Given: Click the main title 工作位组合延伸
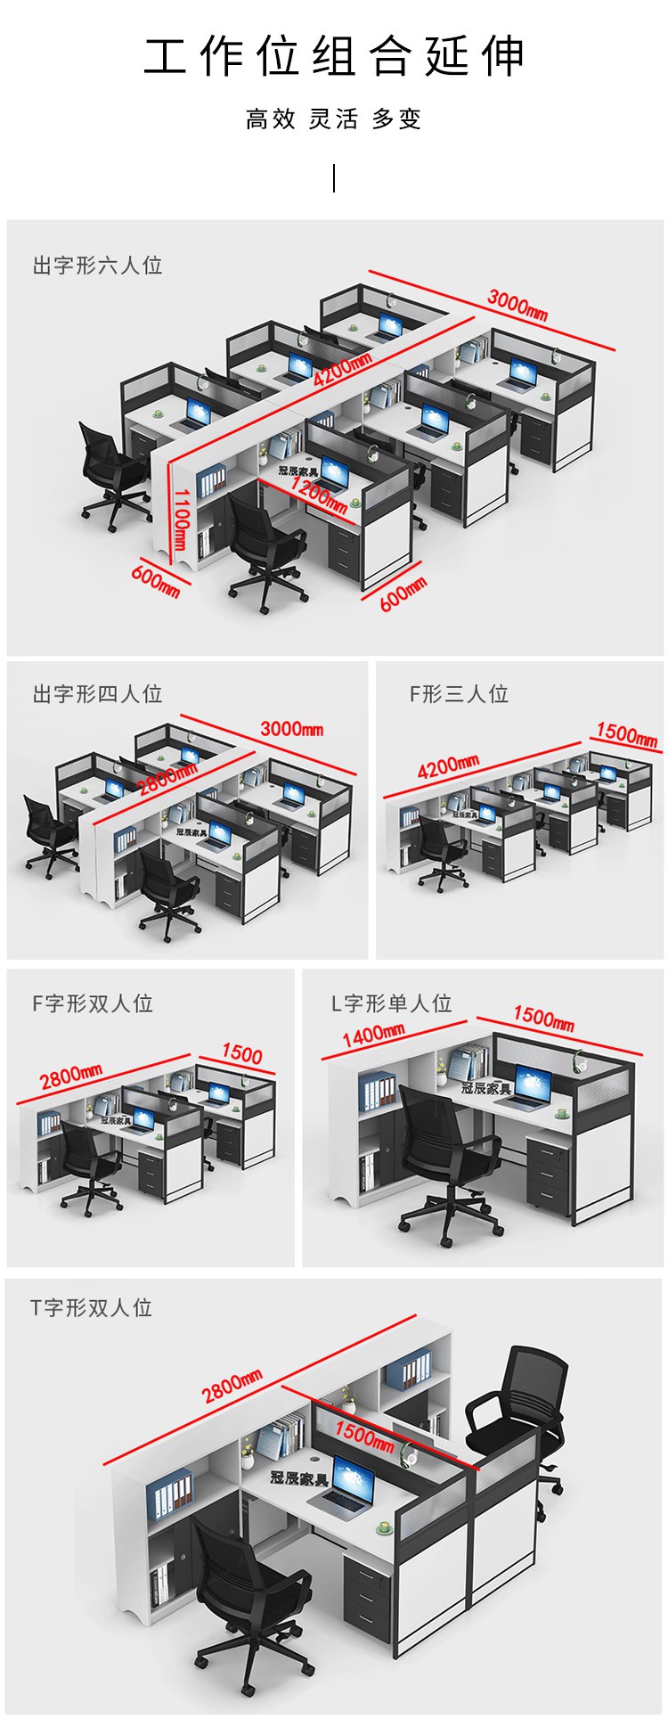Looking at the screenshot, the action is coord(334,56).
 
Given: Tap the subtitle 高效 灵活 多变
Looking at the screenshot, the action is coord(334,119).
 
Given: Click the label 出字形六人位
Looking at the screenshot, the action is coord(97,266).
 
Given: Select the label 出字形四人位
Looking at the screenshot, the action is coord(97,694).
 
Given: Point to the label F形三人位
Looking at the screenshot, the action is coord(459,694).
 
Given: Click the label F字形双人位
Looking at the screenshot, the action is coord(93,1003).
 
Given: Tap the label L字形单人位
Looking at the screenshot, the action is coord(392,1003).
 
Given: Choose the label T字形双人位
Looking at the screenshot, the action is coord(92,1307).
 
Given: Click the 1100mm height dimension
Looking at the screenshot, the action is coord(181,520).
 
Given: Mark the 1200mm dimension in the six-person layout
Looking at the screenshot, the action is coord(320,495).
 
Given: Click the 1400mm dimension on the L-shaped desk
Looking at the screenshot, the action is coord(373,1035).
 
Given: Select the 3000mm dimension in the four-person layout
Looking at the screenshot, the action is coord(292,728).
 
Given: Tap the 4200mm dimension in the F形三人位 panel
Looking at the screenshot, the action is coord(448,765).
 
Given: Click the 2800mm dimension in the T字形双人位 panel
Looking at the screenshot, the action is coord(232,1385).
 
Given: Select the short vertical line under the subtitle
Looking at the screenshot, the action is coord(334,178).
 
